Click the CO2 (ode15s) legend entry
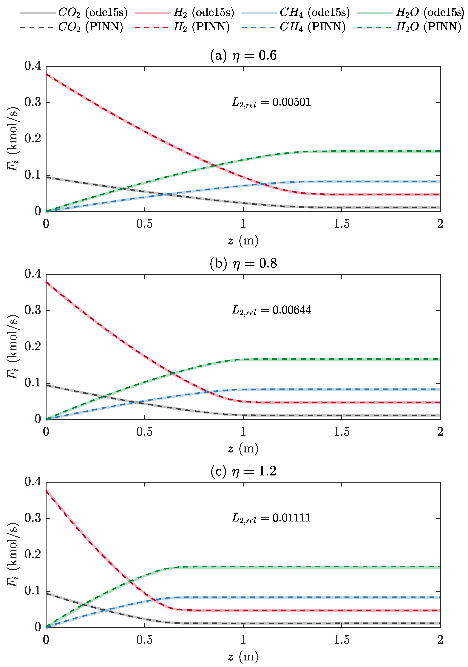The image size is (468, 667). (74, 13)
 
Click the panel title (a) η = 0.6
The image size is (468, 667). (243, 55)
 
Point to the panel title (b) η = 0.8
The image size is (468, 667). (243, 263)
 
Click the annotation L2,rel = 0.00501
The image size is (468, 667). (271, 102)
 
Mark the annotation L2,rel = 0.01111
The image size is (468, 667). (271, 518)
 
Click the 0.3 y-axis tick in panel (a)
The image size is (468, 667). (33, 102)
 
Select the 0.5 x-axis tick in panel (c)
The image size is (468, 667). (144, 640)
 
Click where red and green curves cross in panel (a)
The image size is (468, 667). (215, 166)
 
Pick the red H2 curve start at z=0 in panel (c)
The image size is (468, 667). (46, 490)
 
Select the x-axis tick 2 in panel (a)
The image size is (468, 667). (440, 224)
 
